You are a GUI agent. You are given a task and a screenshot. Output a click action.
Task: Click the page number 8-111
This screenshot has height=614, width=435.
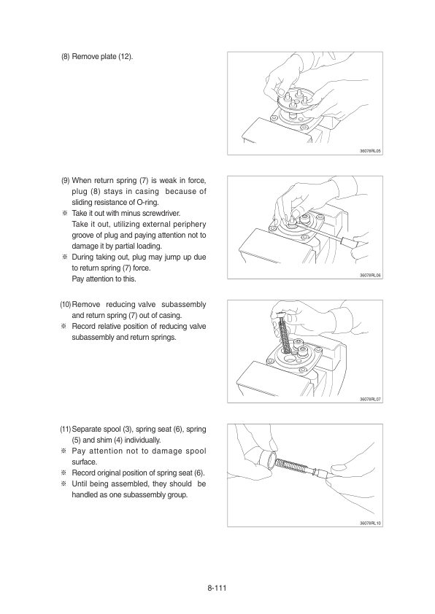(x=217, y=588)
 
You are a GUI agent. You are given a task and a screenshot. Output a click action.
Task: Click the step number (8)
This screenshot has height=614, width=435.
(x=65, y=56)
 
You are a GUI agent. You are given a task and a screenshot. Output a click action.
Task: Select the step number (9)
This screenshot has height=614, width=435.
(x=66, y=181)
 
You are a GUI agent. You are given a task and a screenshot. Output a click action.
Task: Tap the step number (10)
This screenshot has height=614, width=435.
(x=66, y=304)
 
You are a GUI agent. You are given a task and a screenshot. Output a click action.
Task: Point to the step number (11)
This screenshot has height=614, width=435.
(x=66, y=429)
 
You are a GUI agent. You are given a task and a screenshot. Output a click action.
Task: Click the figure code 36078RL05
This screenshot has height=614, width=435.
(x=370, y=151)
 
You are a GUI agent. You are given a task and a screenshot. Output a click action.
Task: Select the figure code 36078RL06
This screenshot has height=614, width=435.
(x=370, y=276)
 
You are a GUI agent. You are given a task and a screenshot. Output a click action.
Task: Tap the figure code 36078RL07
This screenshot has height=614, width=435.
(x=370, y=400)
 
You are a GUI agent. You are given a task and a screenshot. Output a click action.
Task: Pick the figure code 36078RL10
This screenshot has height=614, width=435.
(x=370, y=523)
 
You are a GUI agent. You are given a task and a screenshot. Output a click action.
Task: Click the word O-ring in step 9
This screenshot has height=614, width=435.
(x=147, y=203)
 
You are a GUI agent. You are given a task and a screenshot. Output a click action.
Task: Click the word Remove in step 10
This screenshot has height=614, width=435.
(x=86, y=304)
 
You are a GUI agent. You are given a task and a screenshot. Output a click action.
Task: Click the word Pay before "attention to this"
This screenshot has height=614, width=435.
(x=78, y=279)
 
